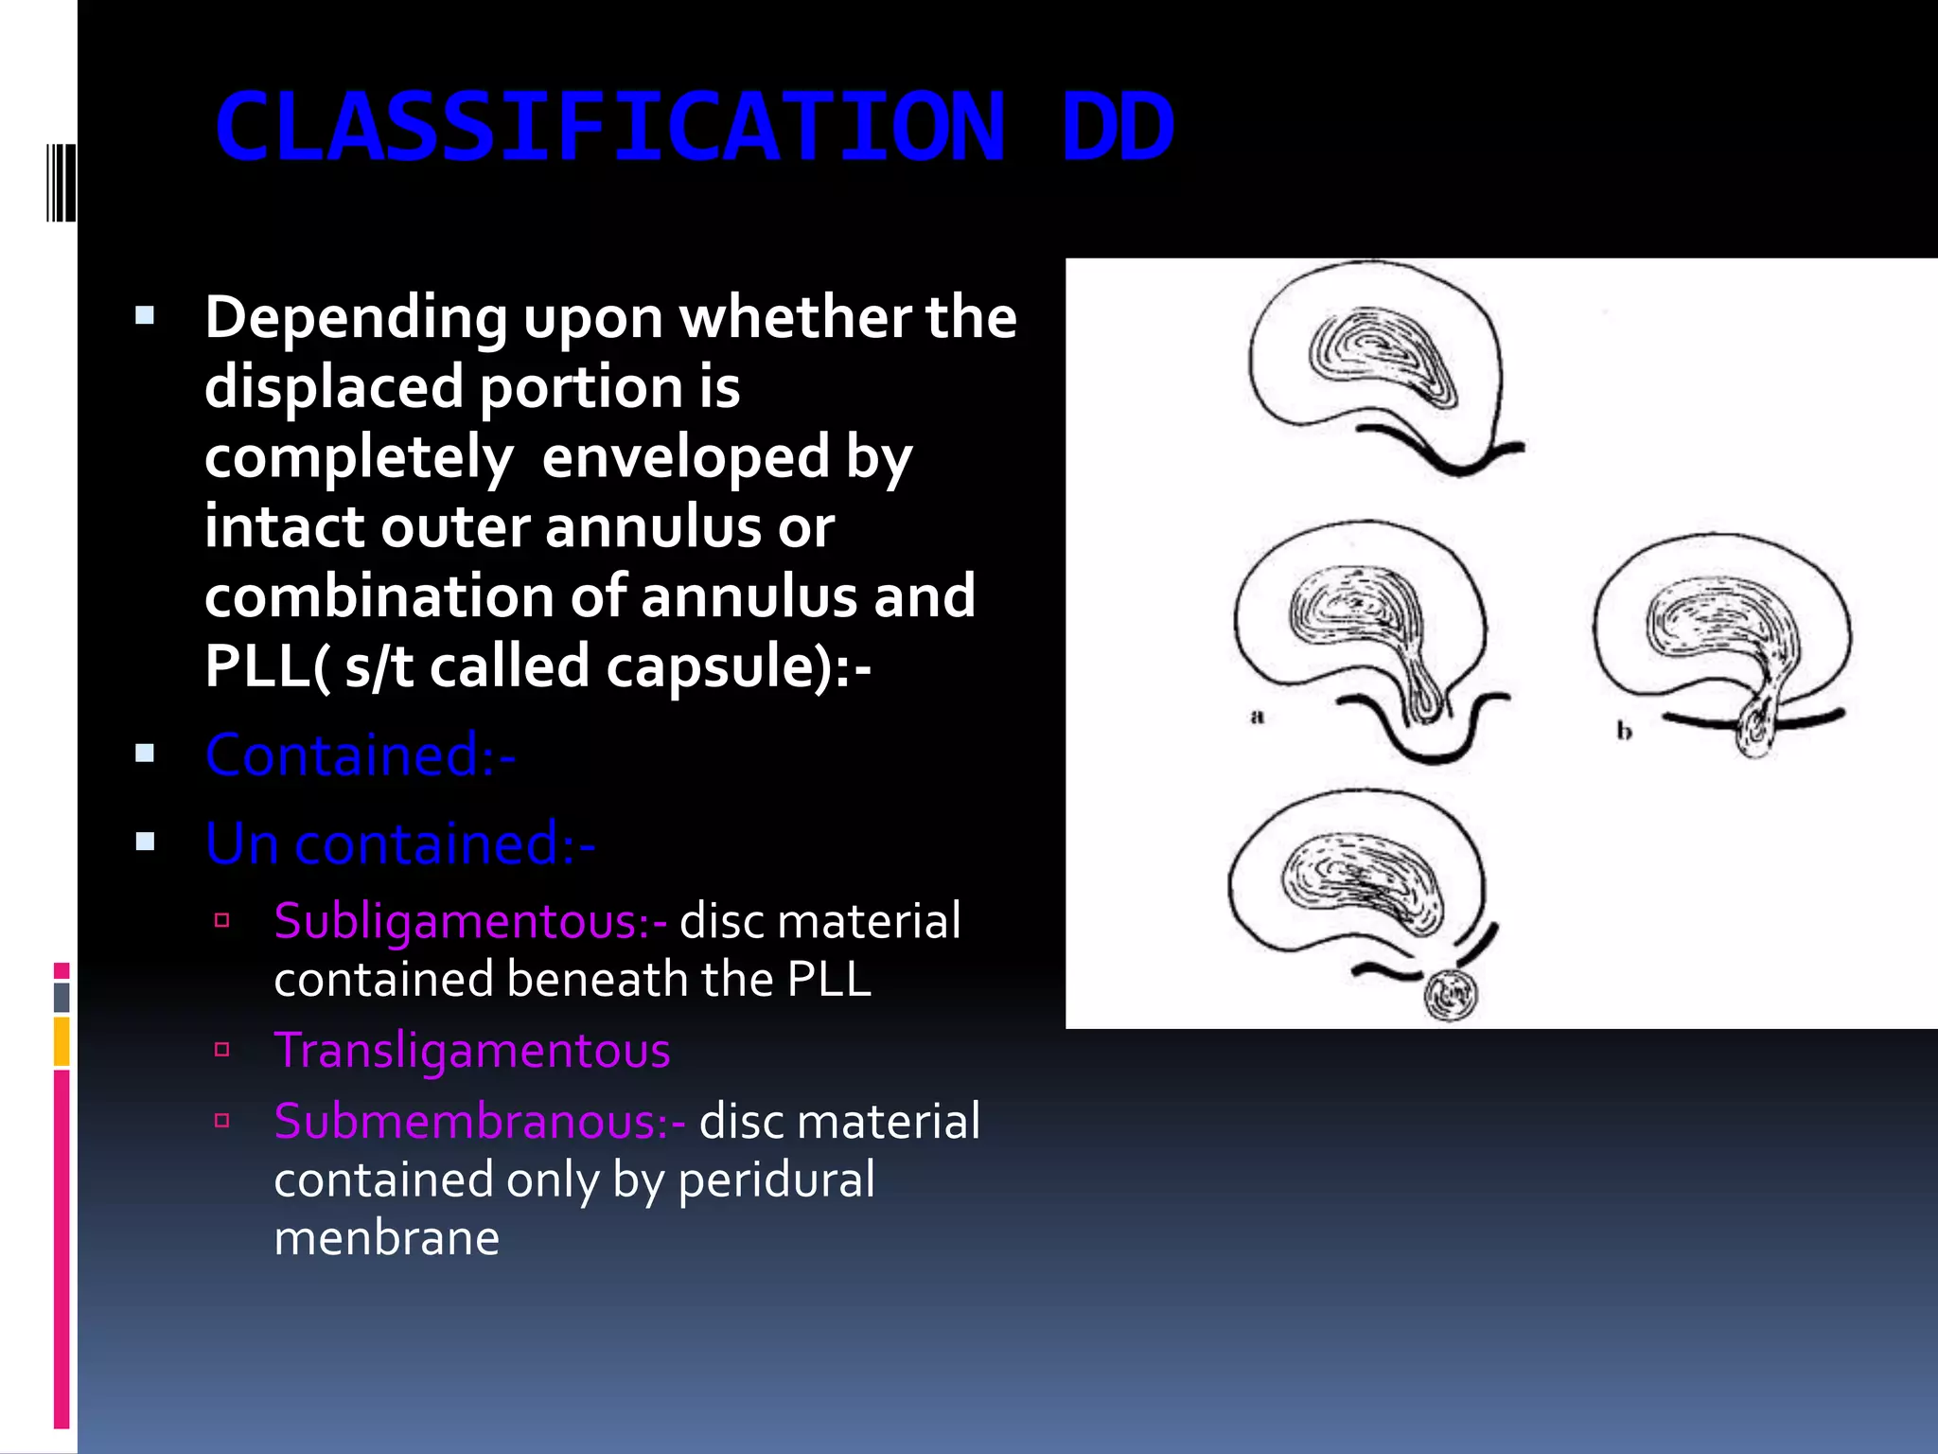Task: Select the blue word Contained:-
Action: pos(361,755)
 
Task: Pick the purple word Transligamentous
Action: pos(472,1050)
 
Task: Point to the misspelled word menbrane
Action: pos(386,1238)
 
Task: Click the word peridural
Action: pos(776,1180)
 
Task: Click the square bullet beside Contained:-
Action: pos(145,754)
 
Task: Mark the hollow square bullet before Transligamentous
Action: pos(222,1049)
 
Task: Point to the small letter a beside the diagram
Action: pos(1257,717)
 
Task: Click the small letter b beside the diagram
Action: pos(1624,731)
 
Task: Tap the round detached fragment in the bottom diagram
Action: pos(1450,994)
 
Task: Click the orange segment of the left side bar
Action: pos(62,1040)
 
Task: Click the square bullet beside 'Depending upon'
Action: pos(145,315)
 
